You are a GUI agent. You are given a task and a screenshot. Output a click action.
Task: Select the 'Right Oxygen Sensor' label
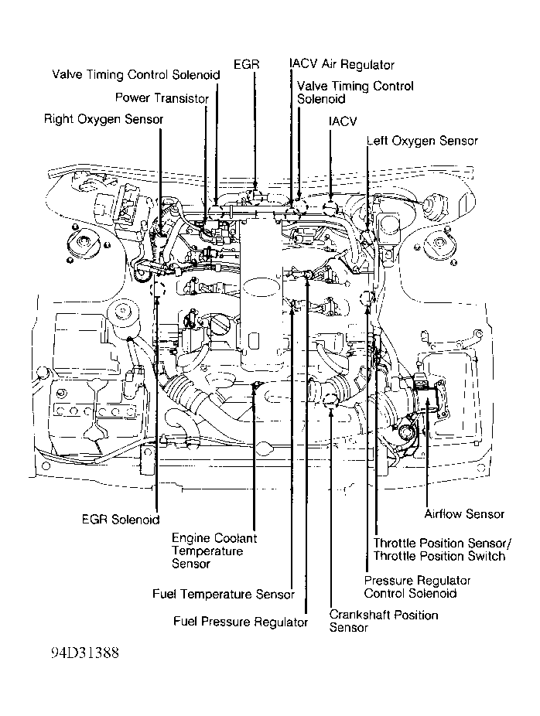pyautogui.click(x=104, y=119)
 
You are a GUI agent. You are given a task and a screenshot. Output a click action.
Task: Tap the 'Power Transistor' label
pyautogui.click(x=162, y=98)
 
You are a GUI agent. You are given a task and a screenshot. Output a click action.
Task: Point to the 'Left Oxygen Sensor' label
pyautogui.click(x=422, y=141)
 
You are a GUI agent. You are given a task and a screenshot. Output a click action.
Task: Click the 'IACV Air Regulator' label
pyautogui.click(x=341, y=65)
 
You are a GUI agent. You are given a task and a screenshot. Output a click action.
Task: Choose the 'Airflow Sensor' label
pyautogui.click(x=464, y=514)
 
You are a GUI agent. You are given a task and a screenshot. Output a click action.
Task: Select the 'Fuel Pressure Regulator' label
pyautogui.click(x=241, y=622)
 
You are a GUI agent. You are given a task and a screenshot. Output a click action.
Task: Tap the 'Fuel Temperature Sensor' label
pyautogui.click(x=223, y=595)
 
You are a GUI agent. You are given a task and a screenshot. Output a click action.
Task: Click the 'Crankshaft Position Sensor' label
pyautogui.click(x=383, y=621)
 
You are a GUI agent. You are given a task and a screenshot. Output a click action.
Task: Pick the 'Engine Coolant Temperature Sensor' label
pyautogui.click(x=214, y=551)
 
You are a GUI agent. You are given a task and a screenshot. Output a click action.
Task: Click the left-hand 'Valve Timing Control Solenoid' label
pyautogui.click(x=136, y=75)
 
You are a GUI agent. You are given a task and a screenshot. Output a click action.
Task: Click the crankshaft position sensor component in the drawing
pyautogui.click(x=331, y=399)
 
